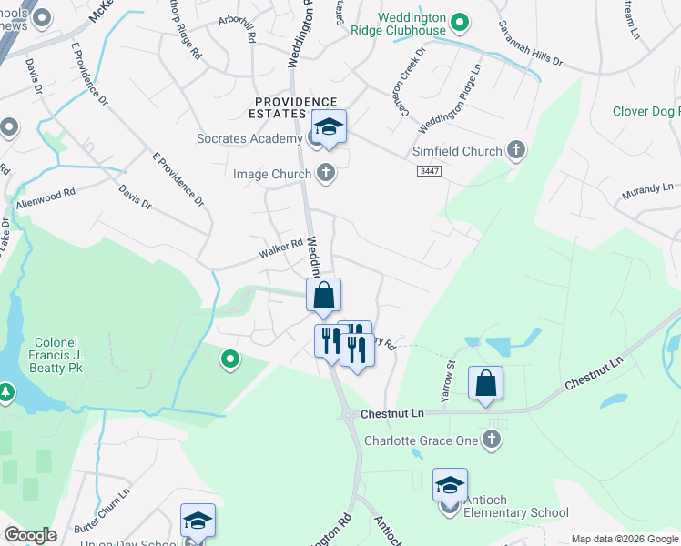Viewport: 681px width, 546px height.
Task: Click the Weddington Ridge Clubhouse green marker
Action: tap(460, 22)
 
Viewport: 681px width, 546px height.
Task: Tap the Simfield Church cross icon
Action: tap(516, 151)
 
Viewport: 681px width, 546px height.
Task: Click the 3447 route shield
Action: tap(429, 171)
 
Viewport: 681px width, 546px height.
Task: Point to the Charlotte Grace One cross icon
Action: tap(492, 440)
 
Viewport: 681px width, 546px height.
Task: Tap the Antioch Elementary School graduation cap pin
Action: tap(450, 486)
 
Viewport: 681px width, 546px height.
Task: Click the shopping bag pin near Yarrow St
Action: tap(485, 383)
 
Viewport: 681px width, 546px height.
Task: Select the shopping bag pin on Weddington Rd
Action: tap(323, 296)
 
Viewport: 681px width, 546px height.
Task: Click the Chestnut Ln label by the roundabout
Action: tap(392, 413)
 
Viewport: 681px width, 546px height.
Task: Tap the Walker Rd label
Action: tap(283, 246)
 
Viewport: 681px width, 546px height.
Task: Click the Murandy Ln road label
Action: tap(646, 191)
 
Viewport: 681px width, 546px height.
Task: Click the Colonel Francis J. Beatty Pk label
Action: tap(47, 355)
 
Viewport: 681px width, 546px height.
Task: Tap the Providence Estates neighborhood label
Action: tap(295, 107)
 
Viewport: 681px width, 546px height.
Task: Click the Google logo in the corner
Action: tap(30, 534)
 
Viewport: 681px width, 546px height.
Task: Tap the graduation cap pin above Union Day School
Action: tap(198, 521)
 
